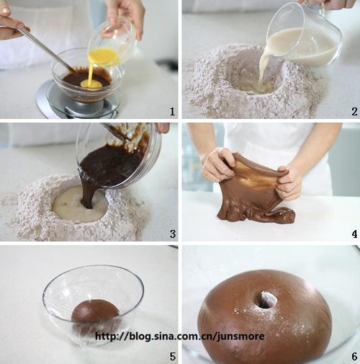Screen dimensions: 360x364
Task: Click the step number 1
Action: pyautogui.click(x=172, y=111)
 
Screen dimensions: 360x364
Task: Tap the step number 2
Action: pyautogui.click(x=354, y=112)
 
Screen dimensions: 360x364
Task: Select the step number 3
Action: pyautogui.click(x=173, y=234)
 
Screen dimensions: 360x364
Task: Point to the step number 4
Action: pyautogui.click(x=355, y=234)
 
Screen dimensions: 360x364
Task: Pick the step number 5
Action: pyautogui.click(x=173, y=356)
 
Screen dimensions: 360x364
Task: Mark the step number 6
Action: pyautogui.click(x=355, y=356)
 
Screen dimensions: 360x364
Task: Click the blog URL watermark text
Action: pyautogui.click(x=180, y=336)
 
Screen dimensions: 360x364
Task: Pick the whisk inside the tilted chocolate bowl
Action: pyautogui.click(x=114, y=132)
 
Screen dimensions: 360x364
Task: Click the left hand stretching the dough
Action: pyautogui.click(x=217, y=164)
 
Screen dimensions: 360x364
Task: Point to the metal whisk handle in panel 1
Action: pyautogui.click(x=45, y=48)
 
